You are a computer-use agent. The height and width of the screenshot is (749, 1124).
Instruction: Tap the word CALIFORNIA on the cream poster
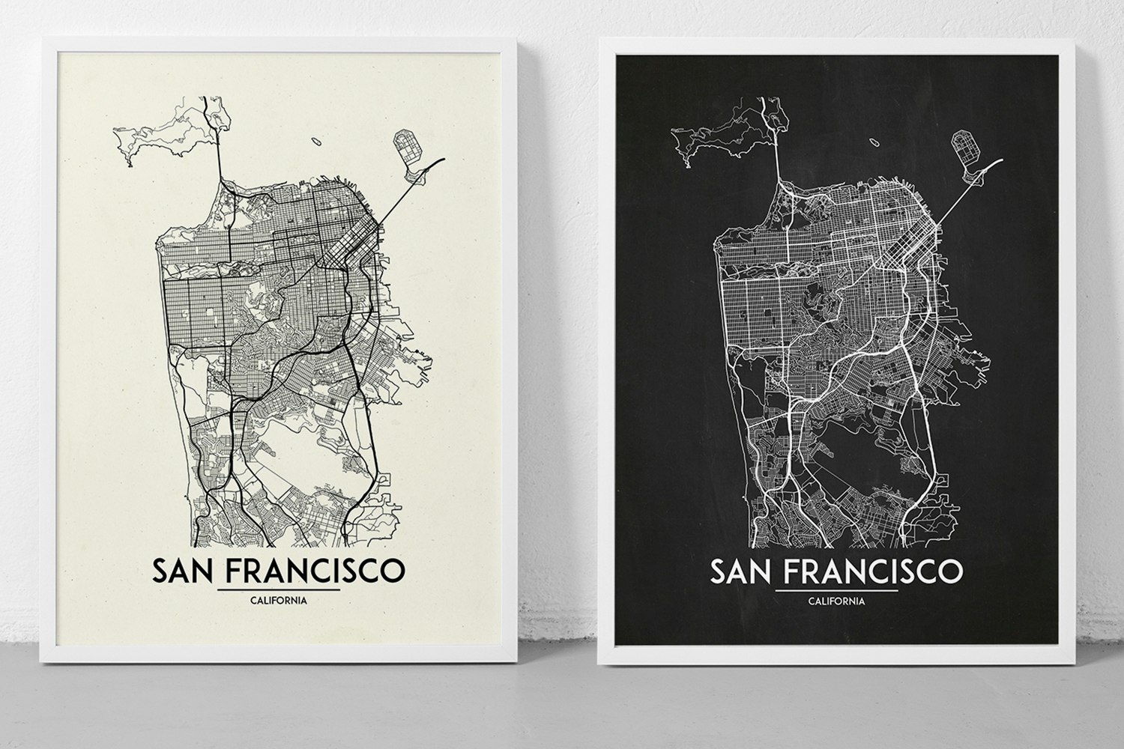(277, 600)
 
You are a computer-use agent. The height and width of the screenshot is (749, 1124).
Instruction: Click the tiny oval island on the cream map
(315, 139)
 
